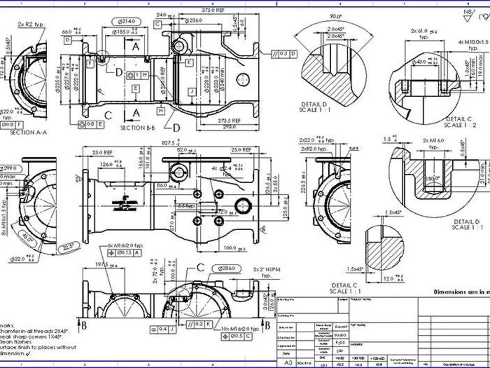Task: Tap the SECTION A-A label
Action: click(29, 132)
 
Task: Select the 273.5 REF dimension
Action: click(229, 120)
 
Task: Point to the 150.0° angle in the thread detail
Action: click(432, 179)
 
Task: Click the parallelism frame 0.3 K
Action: click(199, 324)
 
